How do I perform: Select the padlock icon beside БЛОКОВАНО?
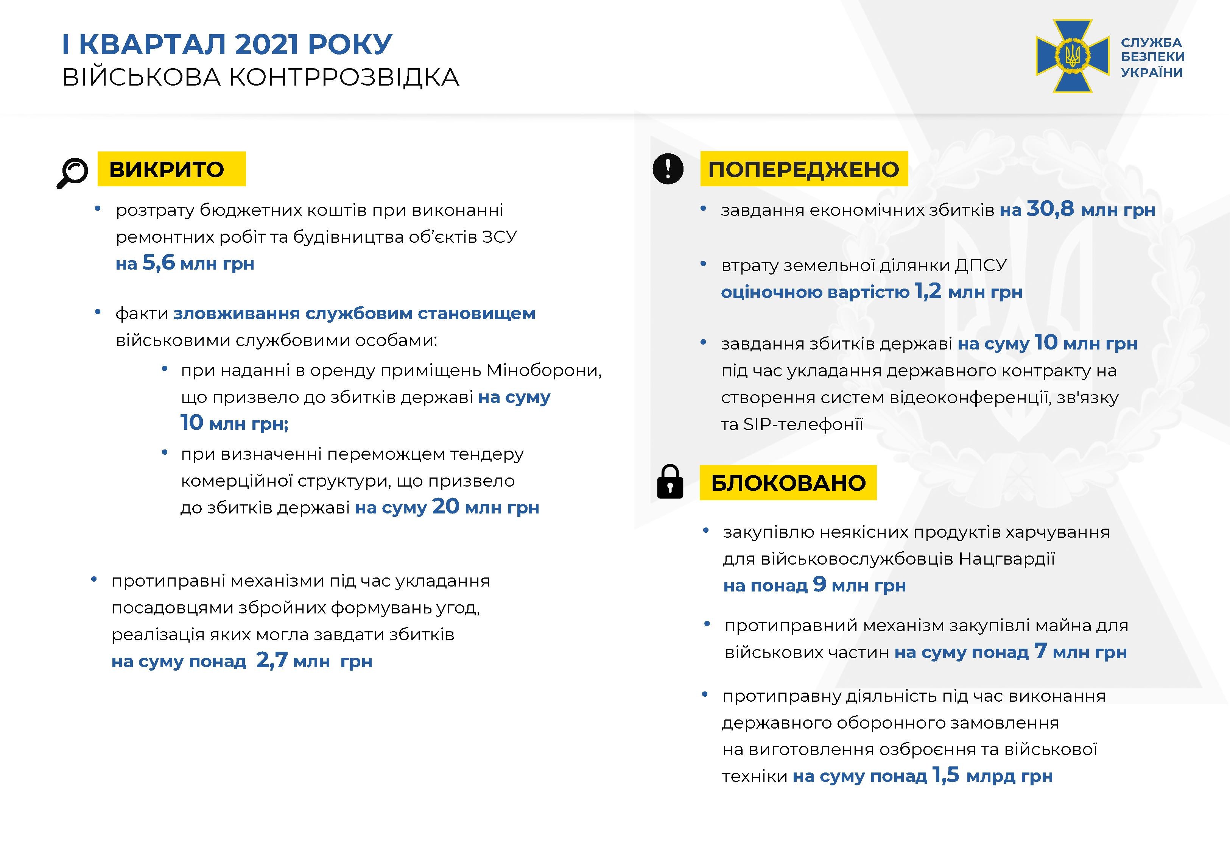[670, 482]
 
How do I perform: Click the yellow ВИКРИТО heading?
[171, 169]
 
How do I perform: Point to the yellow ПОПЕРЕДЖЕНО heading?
[803, 169]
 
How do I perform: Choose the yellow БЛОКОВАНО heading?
[788, 482]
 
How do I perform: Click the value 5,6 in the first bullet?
[159, 263]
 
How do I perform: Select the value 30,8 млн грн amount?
[1090, 209]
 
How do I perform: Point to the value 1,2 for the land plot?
[928, 292]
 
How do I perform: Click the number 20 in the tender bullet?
[445, 507]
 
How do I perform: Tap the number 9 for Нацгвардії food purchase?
[819, 585]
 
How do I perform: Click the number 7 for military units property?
[1040, 651]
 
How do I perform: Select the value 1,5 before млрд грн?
[946, 775]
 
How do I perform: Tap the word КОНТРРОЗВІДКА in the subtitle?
[344, 77]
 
